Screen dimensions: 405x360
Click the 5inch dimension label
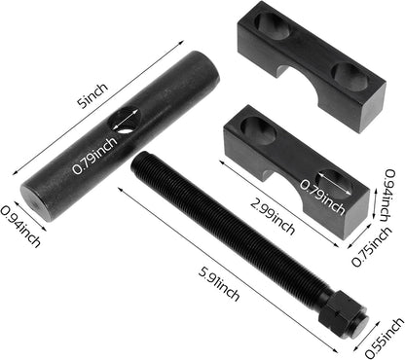click(x=92, y=95)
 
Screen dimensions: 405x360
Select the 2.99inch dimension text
click(x=273, y=217)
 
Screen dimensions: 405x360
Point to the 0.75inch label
click(x=372, y=246)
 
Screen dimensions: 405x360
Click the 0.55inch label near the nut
click(x=385, y=339)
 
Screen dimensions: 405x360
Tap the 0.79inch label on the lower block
click(x=321, y=198)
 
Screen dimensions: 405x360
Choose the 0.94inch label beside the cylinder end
click(x=20, y=227)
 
